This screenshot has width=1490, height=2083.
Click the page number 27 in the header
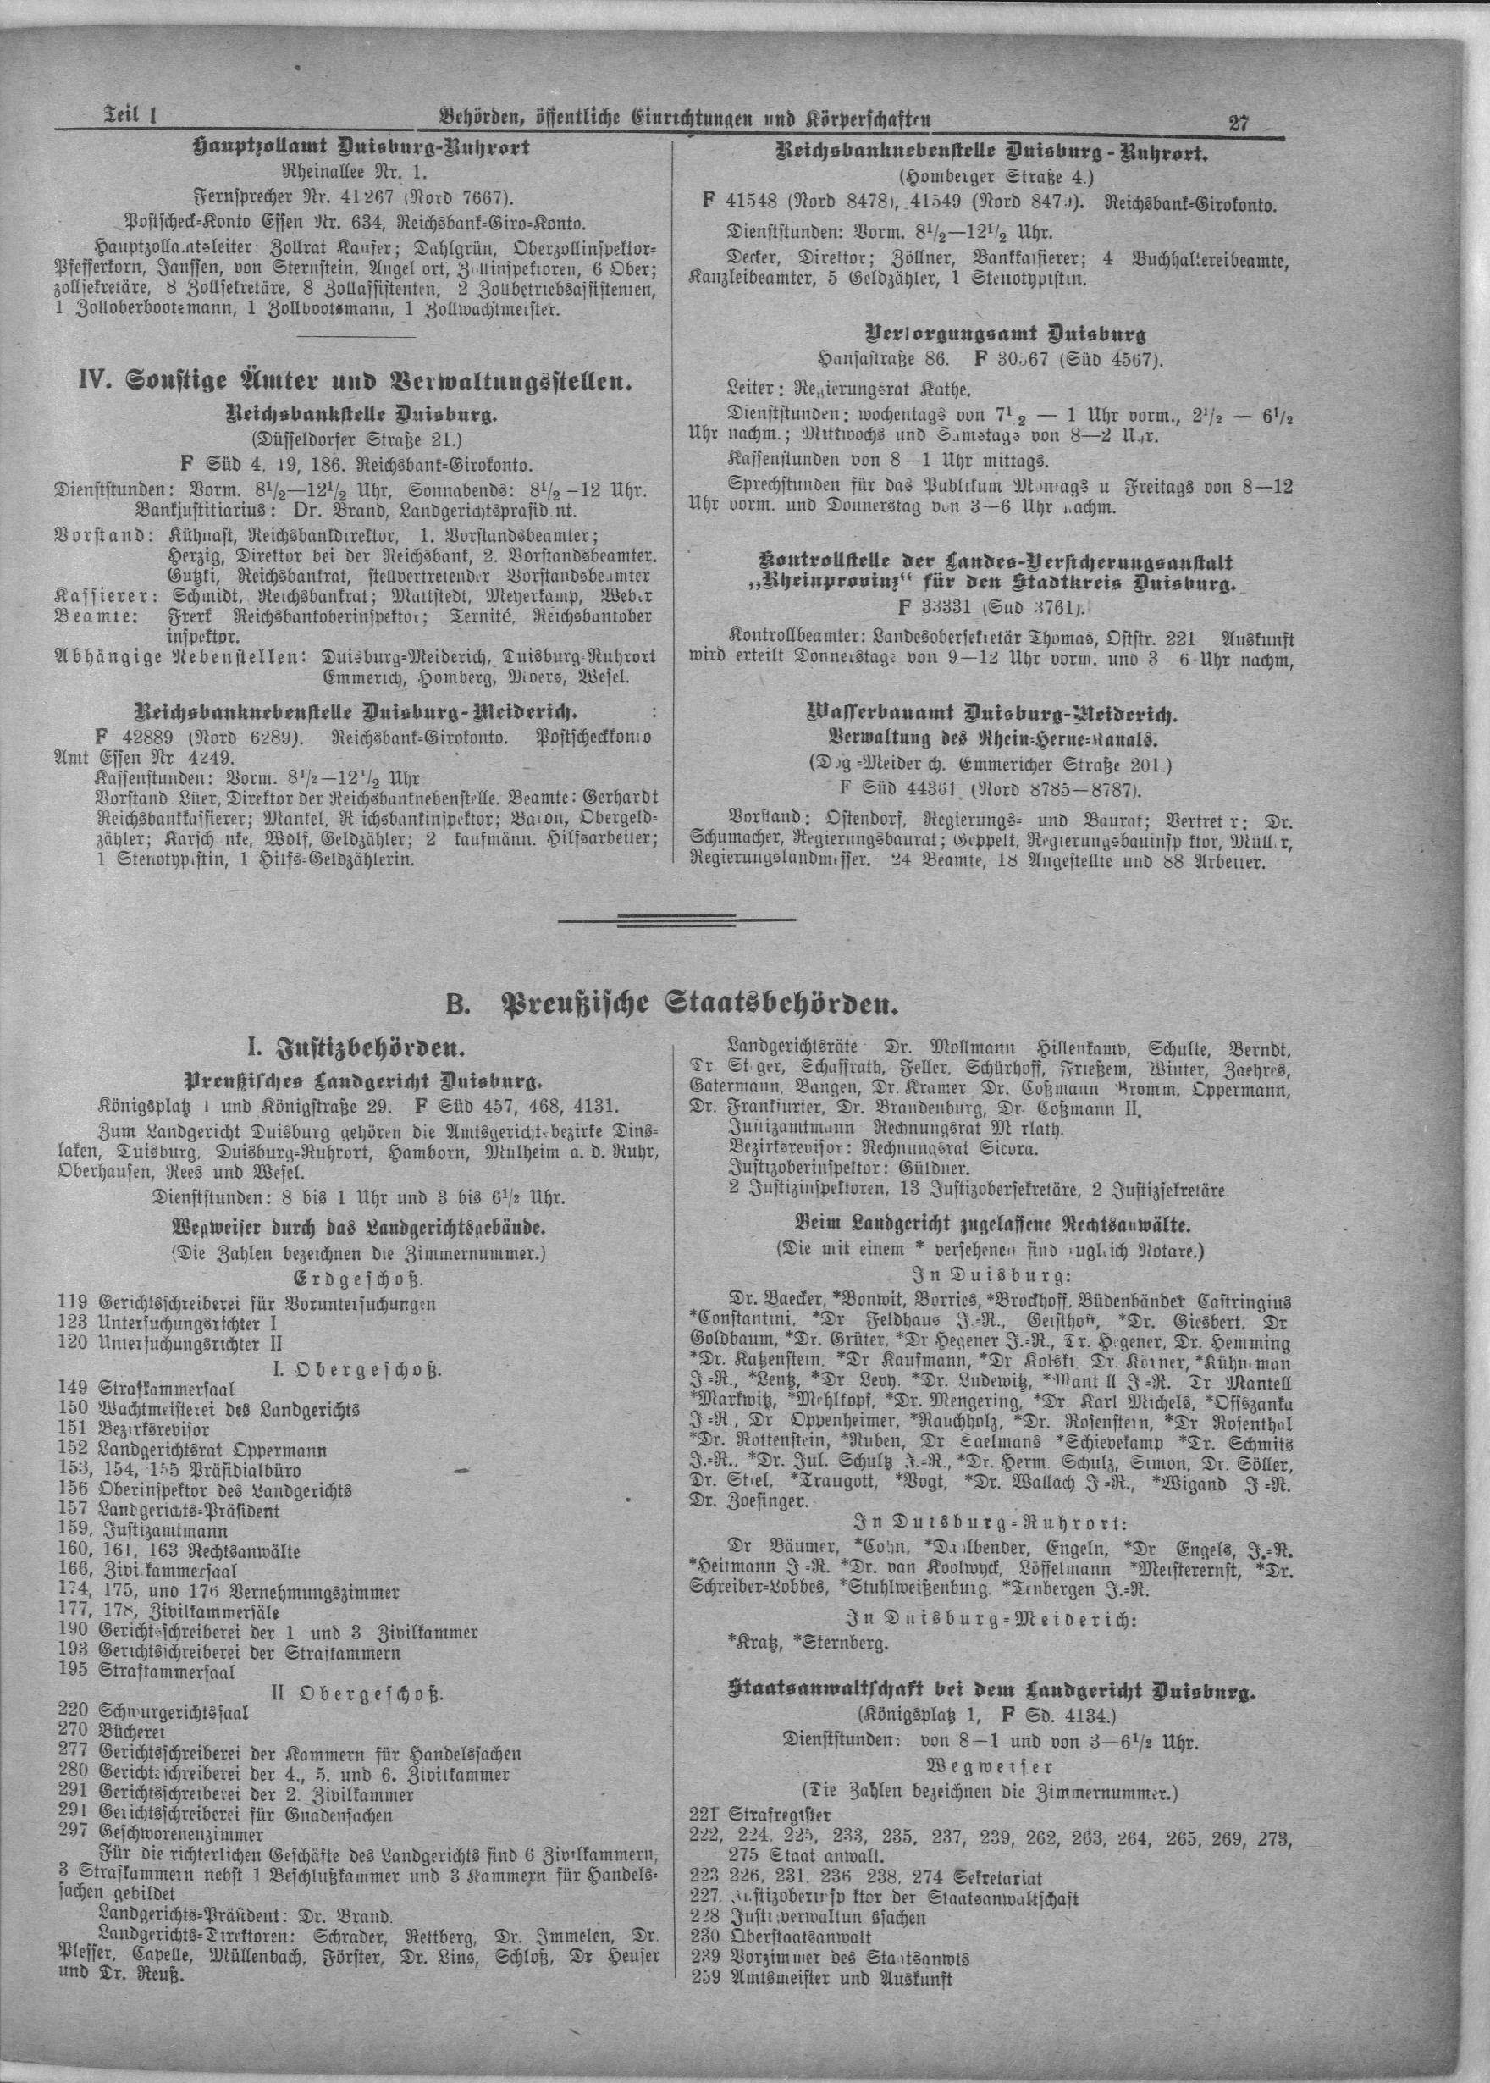coord(1238,121)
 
